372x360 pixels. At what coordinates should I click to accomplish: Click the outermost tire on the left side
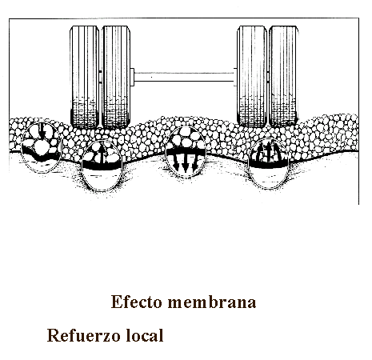coord(85,77)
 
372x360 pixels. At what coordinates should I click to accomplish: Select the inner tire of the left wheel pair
coord(116,77)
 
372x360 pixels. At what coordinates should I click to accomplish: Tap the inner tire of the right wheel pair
coord(252,76)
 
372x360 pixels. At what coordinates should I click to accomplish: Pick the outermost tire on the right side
coord(283,76)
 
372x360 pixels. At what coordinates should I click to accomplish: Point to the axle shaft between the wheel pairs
coord(184,77)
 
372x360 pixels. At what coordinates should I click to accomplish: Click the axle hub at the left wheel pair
coord(132,77)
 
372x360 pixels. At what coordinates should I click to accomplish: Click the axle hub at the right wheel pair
coord(235,77)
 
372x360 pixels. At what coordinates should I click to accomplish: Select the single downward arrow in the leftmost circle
coord(42,131)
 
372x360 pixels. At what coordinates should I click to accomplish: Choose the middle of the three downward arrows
coord(186,163)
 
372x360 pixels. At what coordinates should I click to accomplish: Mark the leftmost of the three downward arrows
coord(176,162)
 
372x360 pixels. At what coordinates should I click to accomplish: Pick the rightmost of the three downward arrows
coord(195,162)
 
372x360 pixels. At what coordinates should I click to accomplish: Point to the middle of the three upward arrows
coord(269,151)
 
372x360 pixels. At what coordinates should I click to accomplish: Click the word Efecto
coord(137,302)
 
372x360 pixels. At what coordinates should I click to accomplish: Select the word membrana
coord(212,302)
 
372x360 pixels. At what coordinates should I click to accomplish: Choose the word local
coord(144,335)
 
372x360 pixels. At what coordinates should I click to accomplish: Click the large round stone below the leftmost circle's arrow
coord(41,146)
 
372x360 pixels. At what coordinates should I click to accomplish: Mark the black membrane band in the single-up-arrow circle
coord(102,166)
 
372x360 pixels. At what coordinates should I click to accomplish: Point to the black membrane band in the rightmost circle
coord(269,163)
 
